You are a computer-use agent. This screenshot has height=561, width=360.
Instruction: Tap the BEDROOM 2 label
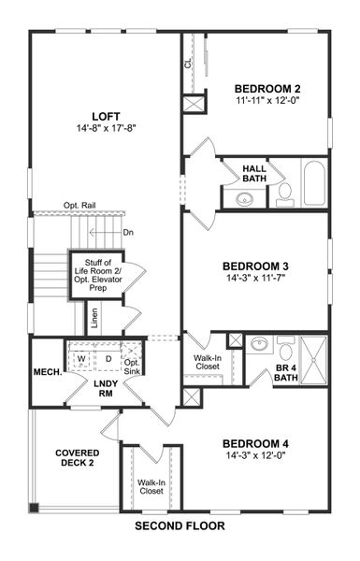click(x=267, y=89)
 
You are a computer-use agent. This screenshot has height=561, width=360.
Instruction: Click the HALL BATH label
click(x=254, y=172)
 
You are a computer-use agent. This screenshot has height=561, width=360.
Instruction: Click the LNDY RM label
click(x=105, y=388)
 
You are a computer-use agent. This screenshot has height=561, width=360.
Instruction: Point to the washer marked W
click(x=82, y=358)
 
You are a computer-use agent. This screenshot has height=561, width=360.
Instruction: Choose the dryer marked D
click(x=108, y=358)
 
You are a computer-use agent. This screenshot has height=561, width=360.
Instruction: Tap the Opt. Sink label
click(x=132, y=365)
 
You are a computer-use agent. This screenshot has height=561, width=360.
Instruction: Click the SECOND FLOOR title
click(x=180, y=525)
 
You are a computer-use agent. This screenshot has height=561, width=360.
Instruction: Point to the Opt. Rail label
click(x=82, y=206)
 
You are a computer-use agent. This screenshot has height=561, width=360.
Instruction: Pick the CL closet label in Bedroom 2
click(x=188, y=63)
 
